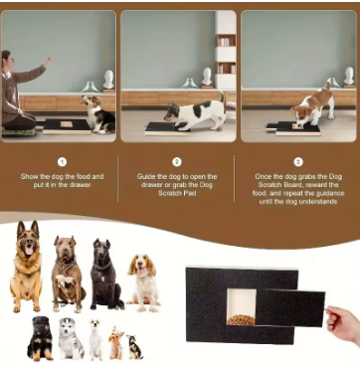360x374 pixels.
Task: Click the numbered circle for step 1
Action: [x=61, y=160]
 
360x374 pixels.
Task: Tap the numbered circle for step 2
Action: [x=177, y=160]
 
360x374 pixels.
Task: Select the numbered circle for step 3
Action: [x=298, y=160]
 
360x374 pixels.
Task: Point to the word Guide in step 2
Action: [x=146, y=176]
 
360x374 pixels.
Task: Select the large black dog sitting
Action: [x=104, y=274]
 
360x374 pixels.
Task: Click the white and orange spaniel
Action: [x=144, y=280]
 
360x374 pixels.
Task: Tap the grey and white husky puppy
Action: [x=70, y=338]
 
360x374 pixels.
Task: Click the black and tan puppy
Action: [x=40, y=337]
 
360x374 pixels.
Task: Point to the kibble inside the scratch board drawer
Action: [x=243, y=319]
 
